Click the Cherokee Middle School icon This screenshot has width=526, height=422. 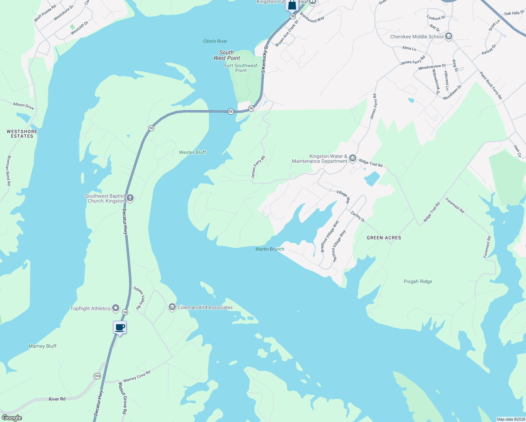448,37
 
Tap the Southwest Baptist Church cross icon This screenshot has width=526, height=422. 130,198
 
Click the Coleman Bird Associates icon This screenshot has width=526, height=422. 172,307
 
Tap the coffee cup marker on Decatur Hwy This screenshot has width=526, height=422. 120,327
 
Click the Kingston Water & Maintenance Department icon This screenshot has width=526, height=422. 353,159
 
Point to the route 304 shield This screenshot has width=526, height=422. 97,376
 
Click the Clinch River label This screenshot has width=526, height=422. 215,41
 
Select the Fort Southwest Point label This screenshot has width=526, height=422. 241,68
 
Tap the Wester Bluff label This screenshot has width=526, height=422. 192,152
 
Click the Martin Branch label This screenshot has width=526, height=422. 270,249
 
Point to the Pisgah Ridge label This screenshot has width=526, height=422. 418,281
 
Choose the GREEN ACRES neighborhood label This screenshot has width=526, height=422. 384,238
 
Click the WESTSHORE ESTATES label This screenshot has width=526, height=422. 22,134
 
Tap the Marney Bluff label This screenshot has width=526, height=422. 42,346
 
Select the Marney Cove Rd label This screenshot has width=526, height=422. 137,376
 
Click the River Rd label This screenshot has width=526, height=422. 57,399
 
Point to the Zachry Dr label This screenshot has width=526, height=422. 358,216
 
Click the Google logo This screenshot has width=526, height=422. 12,418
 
